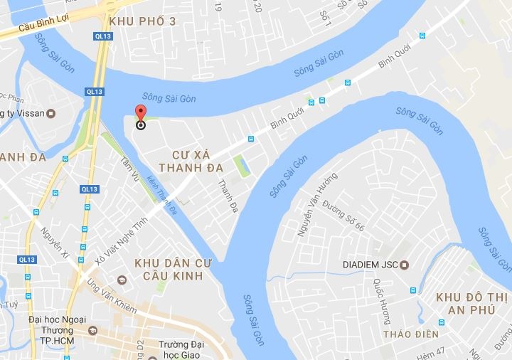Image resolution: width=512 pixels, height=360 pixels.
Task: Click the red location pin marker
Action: (140, 116)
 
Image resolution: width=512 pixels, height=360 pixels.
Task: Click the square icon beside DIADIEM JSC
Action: (405, 265)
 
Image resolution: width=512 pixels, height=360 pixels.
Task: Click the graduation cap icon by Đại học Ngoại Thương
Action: (92, 330)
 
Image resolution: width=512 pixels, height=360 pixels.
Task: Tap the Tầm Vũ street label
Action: (129, 167)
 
